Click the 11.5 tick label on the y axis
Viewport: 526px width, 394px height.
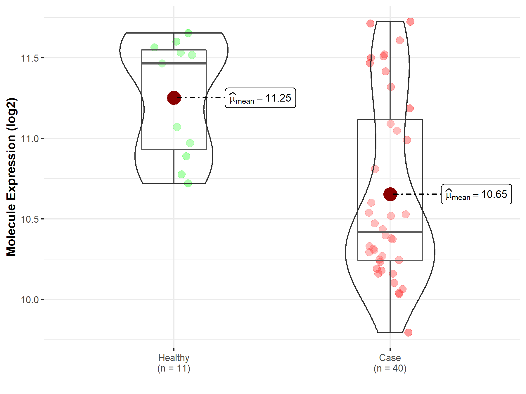tap(30, 58)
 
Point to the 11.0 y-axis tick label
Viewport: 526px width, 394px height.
tap(30, 139)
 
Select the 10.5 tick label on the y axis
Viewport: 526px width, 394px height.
tap(30, 219)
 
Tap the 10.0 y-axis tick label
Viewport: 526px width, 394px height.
tap(30, 300)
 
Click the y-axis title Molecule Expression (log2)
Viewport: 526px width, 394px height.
tap(11, 177)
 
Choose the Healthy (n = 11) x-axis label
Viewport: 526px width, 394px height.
tap(174, 363)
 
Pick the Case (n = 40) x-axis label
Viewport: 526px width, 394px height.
tap(390, 363)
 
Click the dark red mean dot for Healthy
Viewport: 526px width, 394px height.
tap(174, 98)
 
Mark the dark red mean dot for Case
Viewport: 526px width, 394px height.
tap(390, 194)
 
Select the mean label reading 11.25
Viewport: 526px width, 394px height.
tap(260, 98)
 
